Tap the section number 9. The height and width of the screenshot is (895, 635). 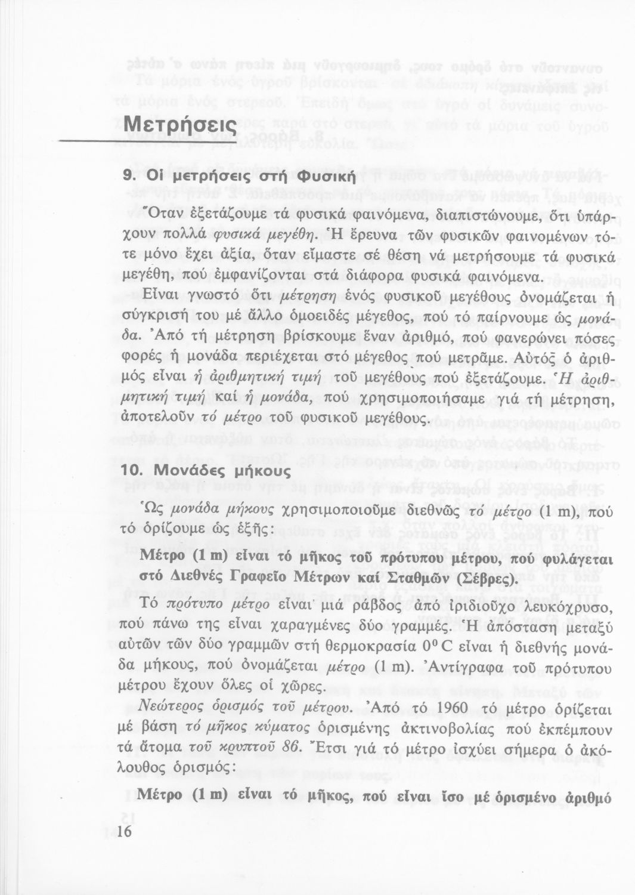(x=126, y=177)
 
